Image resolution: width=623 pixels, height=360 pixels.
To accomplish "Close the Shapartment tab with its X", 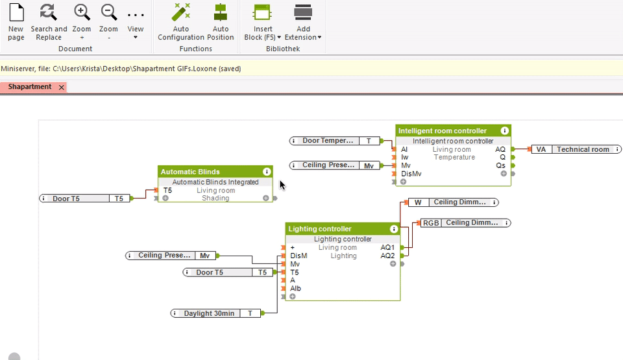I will [x=62, y=87].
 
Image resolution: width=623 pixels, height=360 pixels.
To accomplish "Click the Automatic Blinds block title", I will [x=190, y=172].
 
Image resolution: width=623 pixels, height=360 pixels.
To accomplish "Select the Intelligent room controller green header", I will [x=442, y=130].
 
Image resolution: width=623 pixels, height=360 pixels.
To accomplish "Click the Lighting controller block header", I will [x=320, y=229].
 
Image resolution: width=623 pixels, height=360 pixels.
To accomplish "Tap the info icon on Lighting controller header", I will [x=394, y=229].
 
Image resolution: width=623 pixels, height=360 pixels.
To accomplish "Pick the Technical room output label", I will [x=582, y=149].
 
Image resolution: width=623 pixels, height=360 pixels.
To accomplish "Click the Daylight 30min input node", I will [x=209, y=313].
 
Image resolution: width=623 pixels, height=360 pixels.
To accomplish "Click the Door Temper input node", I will [x=328, y=141].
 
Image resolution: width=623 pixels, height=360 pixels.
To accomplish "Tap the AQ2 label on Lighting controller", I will [x=387, y=256].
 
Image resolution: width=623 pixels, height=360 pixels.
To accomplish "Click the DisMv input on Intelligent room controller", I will [x=411, y=173].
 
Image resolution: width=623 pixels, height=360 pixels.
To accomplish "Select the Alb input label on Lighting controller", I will [x=295, y=289].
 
